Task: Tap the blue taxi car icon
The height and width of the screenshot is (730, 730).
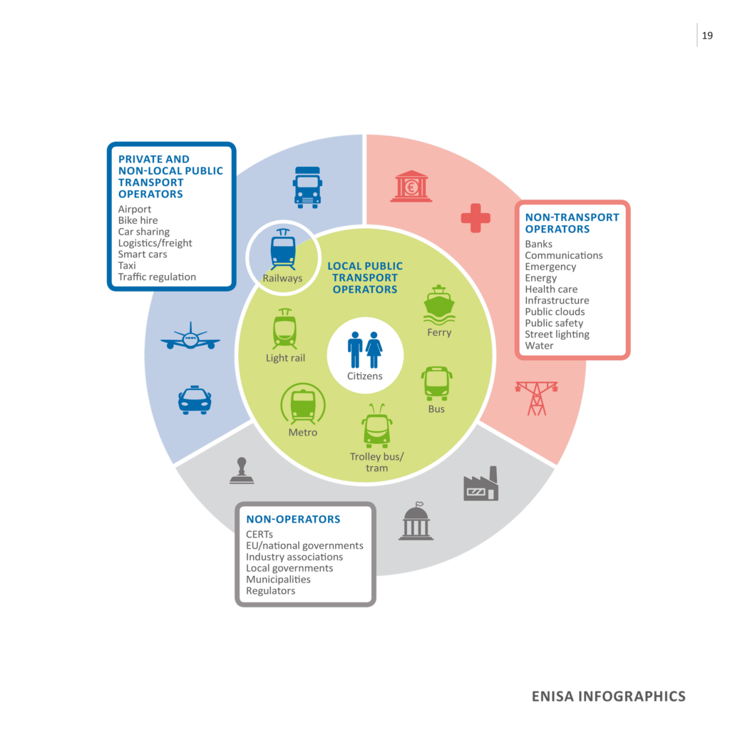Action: (195, 400)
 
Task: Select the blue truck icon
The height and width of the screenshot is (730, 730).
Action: (307, 187)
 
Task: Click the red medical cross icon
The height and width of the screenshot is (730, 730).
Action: (475, 218)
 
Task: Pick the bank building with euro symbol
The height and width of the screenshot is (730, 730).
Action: (411, 186)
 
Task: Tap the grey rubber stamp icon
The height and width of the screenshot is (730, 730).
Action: (242, 471)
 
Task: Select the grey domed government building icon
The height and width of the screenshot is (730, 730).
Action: (416, 522)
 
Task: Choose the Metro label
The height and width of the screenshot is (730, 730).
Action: (303, 432)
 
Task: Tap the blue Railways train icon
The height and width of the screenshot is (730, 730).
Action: (283, 250)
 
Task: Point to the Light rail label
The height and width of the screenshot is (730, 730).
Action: (285, 358)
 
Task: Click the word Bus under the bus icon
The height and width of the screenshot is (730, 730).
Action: (436, 409)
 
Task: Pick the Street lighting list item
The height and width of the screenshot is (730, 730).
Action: (557, 334)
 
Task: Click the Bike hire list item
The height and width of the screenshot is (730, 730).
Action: (138, 220)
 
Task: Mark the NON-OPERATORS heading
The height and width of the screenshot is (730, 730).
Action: (293, 519)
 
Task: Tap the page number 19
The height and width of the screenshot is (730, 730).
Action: (707, 36)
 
